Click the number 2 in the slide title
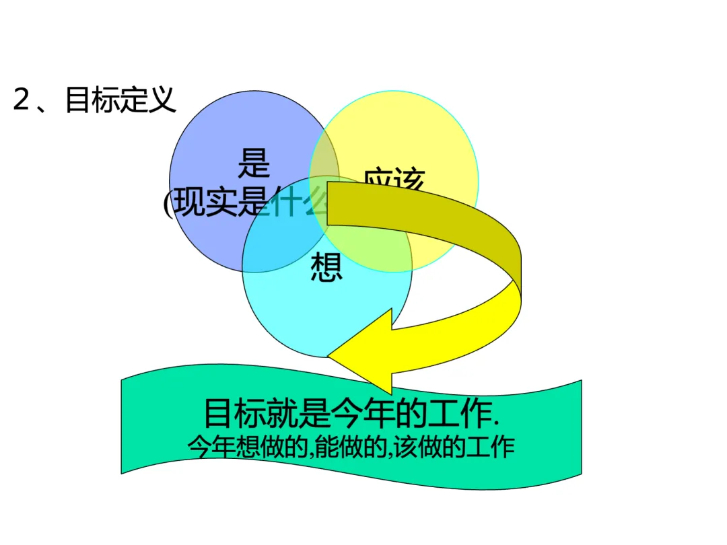tap(22, 100)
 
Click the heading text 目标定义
tap(120, 100)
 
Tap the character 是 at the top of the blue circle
tap(254, 163)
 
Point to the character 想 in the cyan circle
tap(326, 267)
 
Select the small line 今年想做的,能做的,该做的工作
tap(350, 447)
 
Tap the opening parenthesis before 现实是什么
tap(168, 202)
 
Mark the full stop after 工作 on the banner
tap(496, 424)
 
